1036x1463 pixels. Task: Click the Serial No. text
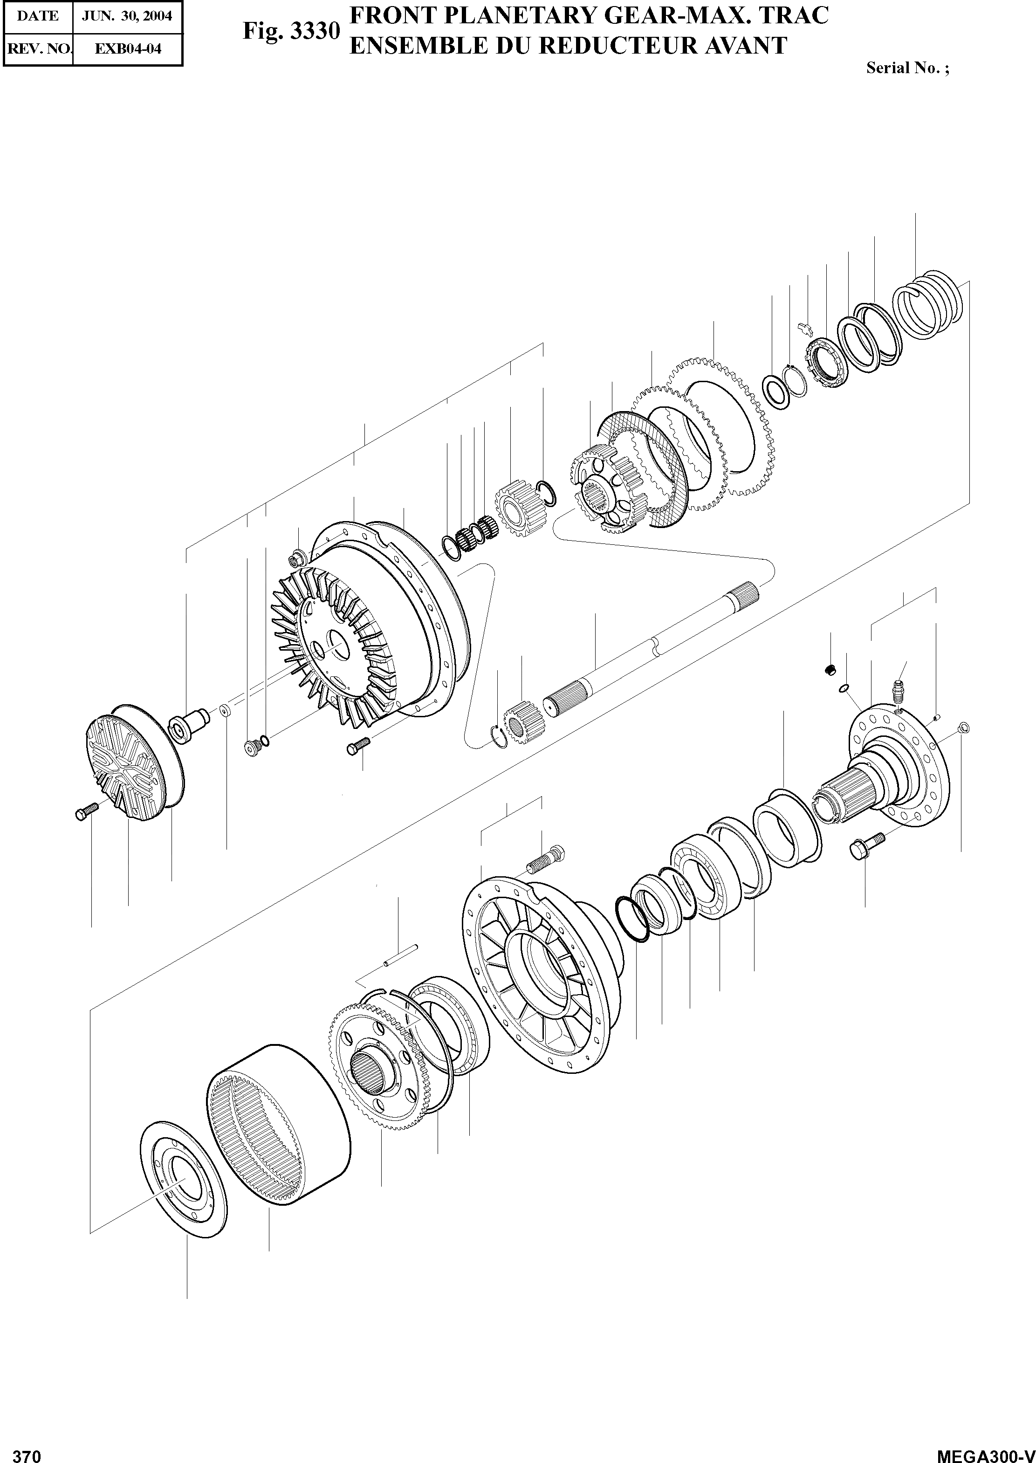pos(907,68)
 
